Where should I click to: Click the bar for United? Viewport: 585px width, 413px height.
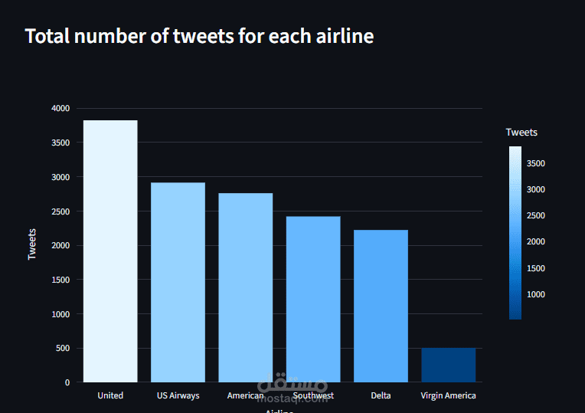coord(110,251)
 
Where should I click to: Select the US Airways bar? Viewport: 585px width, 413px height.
coord(178,282)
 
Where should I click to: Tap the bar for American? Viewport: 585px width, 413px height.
coord(245,287)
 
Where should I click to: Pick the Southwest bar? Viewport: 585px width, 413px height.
coord(312,299)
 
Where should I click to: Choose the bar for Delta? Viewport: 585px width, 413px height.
coord(381,306)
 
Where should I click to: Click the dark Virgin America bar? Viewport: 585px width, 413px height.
coord(448,365)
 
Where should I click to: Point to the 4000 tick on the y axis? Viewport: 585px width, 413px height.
coord(60,109)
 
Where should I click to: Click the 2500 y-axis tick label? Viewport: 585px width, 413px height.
coord(60,211)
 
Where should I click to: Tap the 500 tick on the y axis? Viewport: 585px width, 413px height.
coord(63,349)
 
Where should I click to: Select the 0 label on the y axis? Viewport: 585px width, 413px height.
coord(67,382)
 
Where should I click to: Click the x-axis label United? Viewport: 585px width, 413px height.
coord(110,396)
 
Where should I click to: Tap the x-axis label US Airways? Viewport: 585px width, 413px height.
coord(178,396)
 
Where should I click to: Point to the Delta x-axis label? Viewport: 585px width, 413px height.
coord(381,396)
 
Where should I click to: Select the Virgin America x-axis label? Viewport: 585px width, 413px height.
coord(448,396)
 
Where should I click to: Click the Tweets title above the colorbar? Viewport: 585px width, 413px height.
coord(521,133)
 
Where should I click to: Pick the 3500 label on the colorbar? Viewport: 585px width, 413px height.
coord(536,163)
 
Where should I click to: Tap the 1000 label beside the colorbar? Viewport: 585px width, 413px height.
coord(536,294)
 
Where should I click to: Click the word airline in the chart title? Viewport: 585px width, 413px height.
coord(342,36)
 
